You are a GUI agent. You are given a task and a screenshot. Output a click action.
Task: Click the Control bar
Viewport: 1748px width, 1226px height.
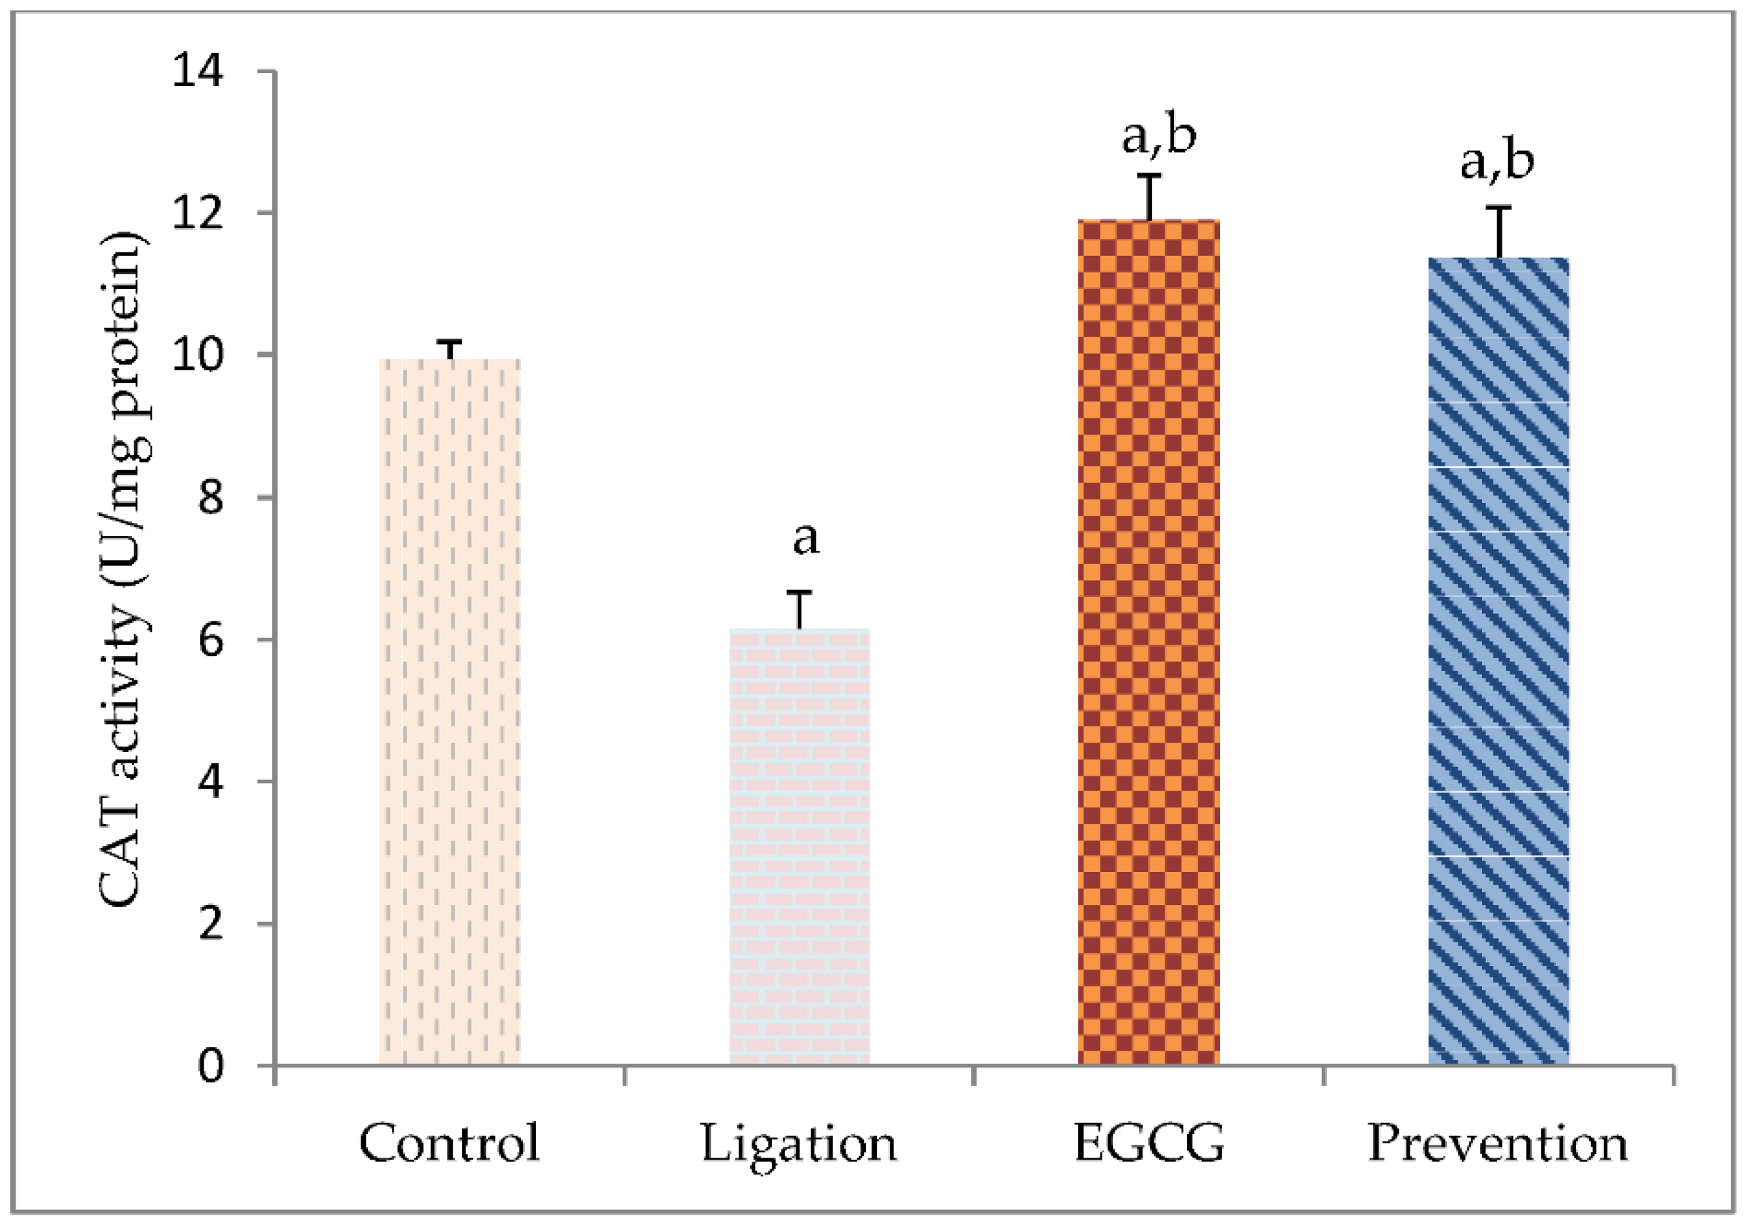click(449, 712)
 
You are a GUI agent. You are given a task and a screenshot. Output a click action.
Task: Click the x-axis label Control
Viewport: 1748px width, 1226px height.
click(449, 1144)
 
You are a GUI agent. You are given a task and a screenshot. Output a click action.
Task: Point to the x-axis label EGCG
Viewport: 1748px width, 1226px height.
click(1149, 1144)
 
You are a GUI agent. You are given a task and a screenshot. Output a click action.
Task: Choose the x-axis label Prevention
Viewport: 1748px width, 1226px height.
click(1498, 1144)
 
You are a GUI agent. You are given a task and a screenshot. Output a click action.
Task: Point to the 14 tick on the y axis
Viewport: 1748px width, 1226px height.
click(197, 72)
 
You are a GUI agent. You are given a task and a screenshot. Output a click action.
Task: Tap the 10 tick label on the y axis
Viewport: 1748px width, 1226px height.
click(197, 355)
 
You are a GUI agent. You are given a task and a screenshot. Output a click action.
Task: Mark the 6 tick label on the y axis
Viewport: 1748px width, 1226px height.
click(206, 640)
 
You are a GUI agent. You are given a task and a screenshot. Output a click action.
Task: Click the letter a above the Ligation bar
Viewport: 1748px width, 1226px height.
click(805, 539)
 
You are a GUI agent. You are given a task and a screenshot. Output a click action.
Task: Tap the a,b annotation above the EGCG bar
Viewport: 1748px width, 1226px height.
click(1159, 135)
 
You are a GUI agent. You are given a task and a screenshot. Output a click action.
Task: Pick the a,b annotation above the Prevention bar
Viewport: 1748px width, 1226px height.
click(1497, 162)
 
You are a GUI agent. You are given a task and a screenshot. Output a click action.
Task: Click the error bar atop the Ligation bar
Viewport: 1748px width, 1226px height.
click(799, 609)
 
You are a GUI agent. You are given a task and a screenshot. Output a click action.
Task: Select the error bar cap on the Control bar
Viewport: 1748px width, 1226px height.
click(450, 343)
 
